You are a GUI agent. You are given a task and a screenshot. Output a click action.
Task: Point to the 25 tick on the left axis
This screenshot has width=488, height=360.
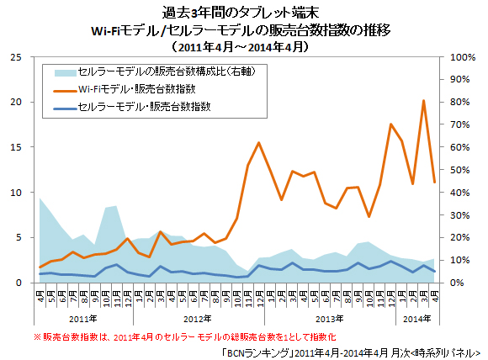(x=16, y=57)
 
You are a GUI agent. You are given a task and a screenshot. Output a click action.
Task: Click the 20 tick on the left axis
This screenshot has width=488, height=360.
(x=16, y=103)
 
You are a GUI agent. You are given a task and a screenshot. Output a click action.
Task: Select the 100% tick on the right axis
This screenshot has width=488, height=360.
(x=464, y=57)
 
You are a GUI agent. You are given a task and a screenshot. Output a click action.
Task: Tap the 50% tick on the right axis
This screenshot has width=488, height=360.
(x=461, y=170)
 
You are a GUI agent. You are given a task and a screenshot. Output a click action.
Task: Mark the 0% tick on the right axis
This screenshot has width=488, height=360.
(x=459, y=283)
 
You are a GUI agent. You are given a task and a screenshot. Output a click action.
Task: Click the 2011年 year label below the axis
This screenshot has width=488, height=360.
(x=82, y=319)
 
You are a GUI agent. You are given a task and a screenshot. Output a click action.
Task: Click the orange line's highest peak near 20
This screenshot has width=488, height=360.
(x=423, y=101)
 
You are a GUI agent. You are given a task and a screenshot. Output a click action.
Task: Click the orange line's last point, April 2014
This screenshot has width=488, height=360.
(x=434, y=182)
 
